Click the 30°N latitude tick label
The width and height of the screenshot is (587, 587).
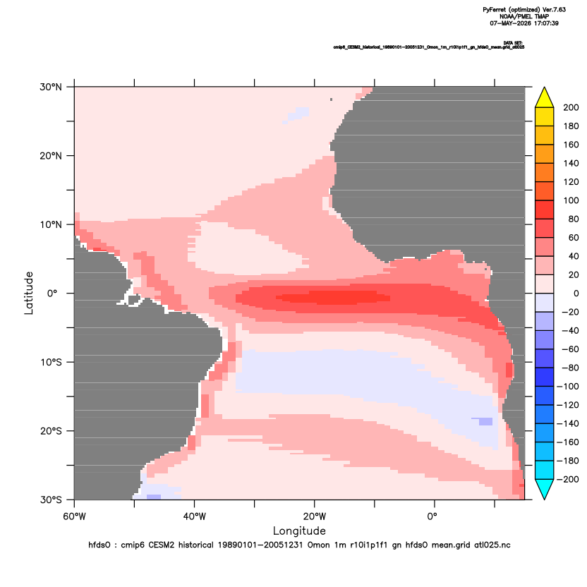51,87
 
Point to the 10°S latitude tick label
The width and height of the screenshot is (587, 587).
51,363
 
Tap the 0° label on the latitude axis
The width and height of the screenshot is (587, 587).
53,293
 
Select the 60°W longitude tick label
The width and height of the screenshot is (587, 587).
75,516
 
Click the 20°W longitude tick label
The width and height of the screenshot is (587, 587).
315,516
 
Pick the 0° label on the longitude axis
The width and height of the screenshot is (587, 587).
432,516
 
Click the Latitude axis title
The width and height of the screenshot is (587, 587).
29,293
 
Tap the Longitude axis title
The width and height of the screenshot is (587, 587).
299,531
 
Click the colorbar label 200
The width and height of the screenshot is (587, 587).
571,107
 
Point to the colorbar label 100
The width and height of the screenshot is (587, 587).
571,200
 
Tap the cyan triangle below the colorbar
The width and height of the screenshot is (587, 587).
545,488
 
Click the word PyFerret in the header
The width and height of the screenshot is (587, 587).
495,10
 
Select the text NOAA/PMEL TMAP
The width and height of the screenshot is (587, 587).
524,16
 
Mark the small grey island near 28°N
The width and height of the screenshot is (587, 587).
332,99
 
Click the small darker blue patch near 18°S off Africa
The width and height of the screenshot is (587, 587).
485,421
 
